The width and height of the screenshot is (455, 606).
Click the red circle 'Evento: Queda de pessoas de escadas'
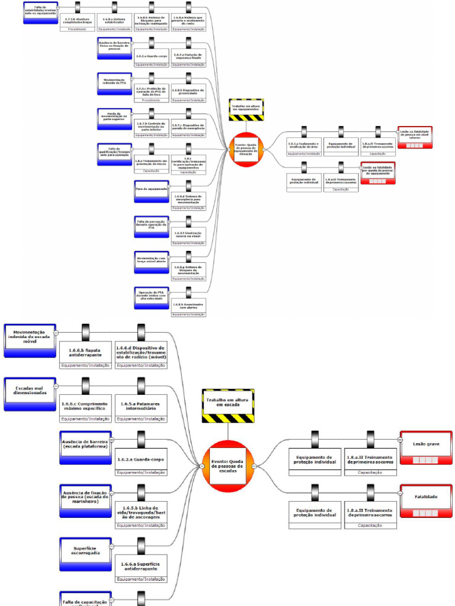(228, 466)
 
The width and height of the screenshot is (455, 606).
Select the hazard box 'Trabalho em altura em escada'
(228, 405)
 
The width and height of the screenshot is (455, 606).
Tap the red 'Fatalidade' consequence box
(426, 500)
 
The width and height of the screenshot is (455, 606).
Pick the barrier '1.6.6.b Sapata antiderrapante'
(85, 352)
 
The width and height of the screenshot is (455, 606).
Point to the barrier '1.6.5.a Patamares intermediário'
(141, 406)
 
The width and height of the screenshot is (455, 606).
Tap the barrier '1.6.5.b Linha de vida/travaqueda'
(141, 511)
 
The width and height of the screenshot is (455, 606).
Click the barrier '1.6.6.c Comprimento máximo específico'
(85, 406)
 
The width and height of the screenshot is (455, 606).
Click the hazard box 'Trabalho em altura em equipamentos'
(246, 109)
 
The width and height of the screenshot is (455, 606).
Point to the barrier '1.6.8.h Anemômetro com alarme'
(188, 305)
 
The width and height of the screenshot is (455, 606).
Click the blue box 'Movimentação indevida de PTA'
(115, 83)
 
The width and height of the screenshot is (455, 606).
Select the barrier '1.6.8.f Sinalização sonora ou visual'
(188, 234)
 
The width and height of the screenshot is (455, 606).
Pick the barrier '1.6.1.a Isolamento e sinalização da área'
(304, 145)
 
